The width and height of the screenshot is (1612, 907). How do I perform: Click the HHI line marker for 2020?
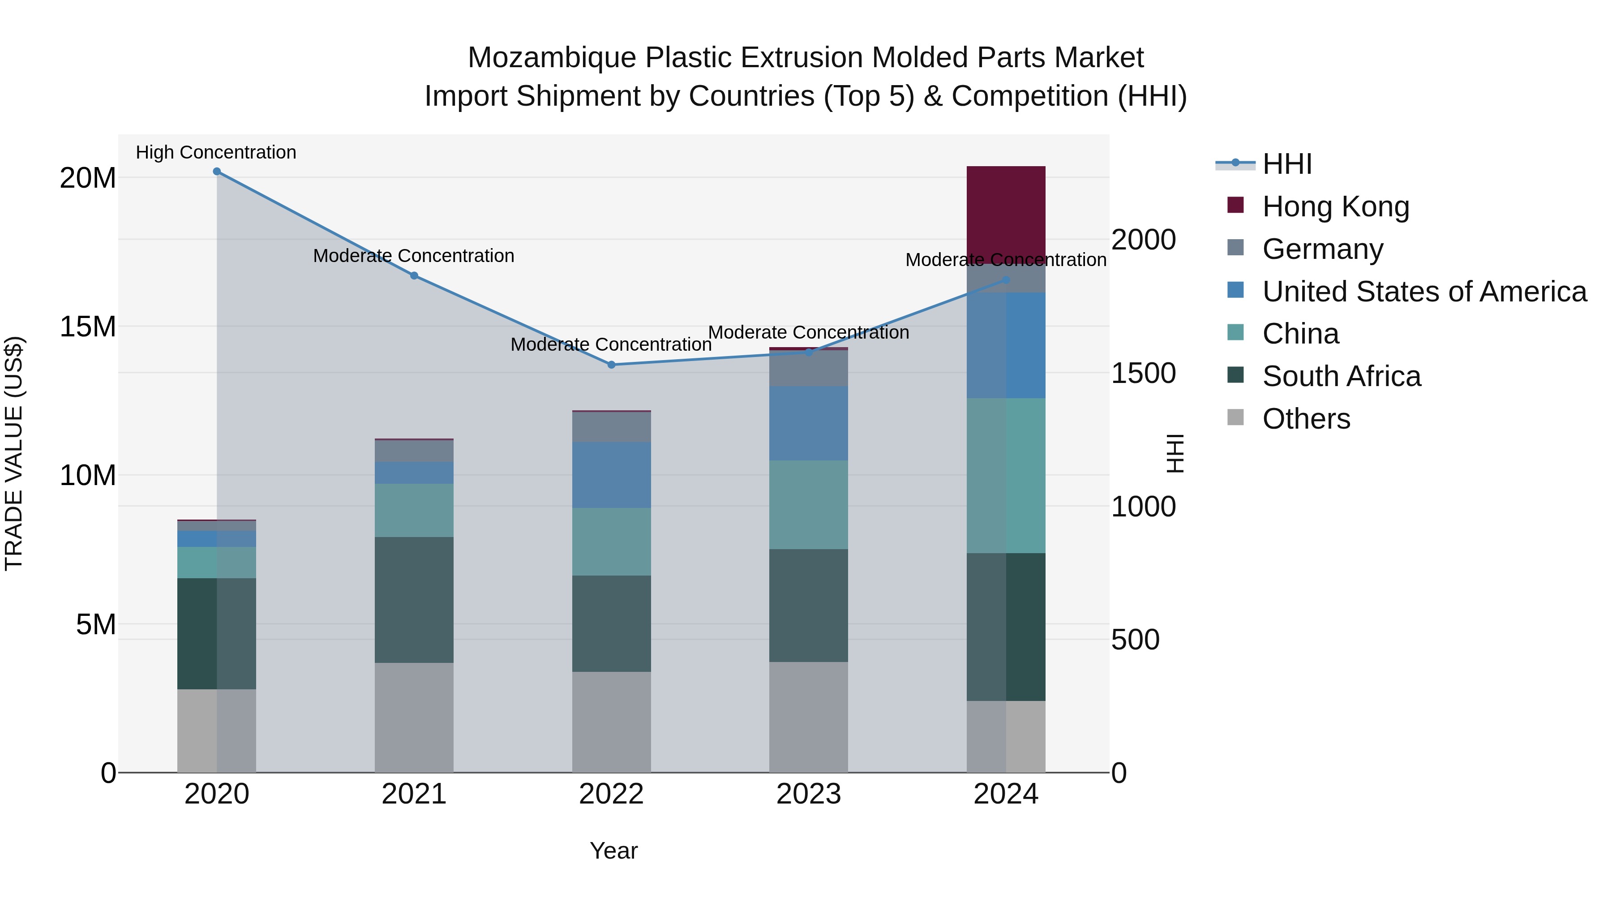217,172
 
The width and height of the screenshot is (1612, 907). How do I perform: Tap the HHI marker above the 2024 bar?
1006,280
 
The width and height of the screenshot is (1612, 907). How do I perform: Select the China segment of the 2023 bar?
809,504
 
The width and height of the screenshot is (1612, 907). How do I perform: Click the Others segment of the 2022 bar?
611,722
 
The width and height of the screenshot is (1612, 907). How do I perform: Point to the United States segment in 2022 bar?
611,474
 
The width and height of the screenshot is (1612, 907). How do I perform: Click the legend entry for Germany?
1322,249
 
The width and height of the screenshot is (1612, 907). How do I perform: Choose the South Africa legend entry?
1341,376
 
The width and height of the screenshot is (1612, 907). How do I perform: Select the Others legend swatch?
1236,417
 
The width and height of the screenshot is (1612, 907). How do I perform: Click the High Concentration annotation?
216,153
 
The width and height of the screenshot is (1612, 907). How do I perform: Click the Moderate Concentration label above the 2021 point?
414,256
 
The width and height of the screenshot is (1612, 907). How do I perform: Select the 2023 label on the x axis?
809,794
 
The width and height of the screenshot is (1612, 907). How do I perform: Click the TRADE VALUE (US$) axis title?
14,453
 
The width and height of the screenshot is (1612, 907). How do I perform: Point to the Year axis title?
613,851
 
